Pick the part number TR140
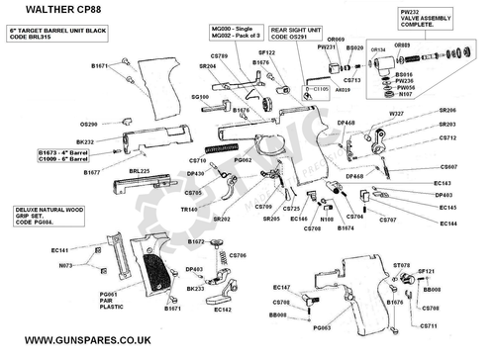(x=191, y=210)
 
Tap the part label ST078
(x=403, y=266)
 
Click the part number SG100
(x=199, y=97)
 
